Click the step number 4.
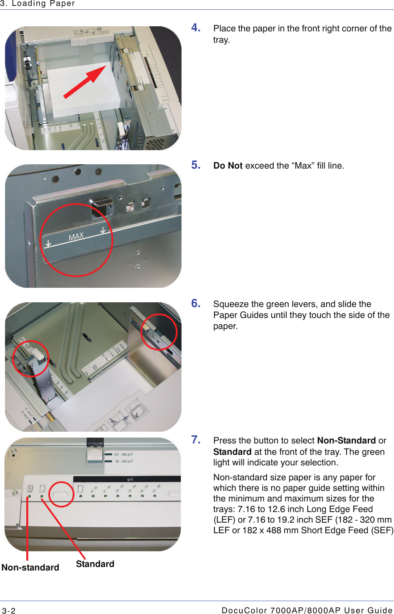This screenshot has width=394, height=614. click(196, 27)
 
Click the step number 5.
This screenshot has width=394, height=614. click(196, 165)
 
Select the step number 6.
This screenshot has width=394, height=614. click(196, 303)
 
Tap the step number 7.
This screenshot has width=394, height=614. click(196, 440)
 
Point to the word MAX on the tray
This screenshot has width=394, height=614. click(76, 236)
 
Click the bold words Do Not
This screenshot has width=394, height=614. click(228, 166)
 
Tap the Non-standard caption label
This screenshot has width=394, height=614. click(30, 567)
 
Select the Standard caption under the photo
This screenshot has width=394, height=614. click(95, 564)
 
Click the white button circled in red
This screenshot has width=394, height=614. click(61, 494)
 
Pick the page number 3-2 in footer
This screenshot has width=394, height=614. click(9, 610)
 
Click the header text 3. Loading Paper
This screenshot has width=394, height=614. click(38, 4)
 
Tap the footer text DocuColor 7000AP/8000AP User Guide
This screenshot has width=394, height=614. click(307, 610)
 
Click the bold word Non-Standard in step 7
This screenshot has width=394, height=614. click(346, 440)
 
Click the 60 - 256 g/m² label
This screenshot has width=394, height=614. click(124, 461)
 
